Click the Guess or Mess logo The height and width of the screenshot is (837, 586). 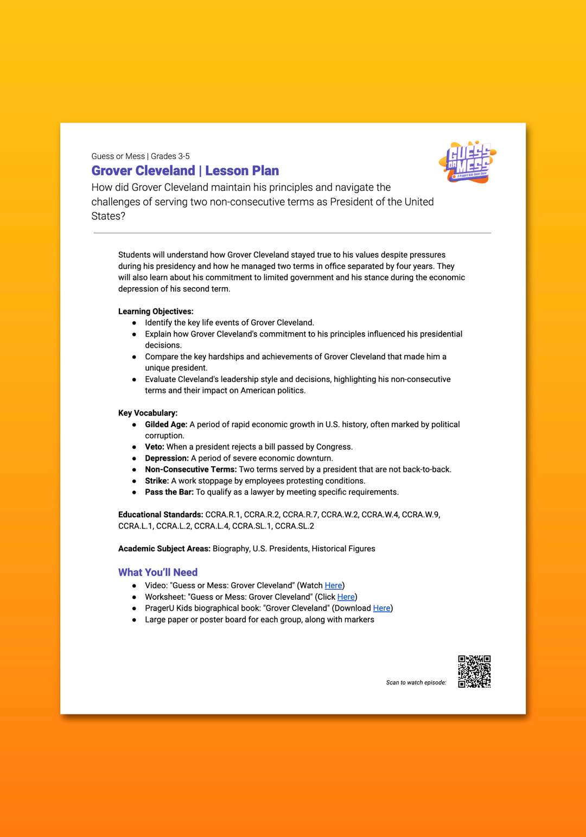[x=468, y=162]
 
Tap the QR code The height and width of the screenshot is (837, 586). [x=474, y=671]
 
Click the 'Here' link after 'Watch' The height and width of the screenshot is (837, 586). [x=333, y=586]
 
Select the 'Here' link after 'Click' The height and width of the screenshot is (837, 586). [x=346, y=597]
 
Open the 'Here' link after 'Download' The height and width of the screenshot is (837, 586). [x=381, y=608]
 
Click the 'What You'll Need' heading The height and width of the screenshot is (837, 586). [x=158, y=572]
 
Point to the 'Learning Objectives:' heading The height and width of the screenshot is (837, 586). [x=156, y=312]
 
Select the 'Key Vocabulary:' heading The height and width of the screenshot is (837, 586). [x=148, y=413]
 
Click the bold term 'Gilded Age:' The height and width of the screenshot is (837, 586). [x=166, y=424]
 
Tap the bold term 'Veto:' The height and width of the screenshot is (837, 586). [x=154, y=447]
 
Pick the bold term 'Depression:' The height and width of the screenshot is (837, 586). [x=167, y=458]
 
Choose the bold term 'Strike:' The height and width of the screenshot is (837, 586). [x=157, y=481]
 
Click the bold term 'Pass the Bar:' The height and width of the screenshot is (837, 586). [x=169, y=492]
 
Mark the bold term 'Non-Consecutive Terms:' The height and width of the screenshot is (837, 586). [x=190, y=470]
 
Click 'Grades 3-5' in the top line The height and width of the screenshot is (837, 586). [x=170, y=156]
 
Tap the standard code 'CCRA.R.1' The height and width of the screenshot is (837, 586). [x=222, y=515]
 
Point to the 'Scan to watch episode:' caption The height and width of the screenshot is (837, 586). [x=416, y=683]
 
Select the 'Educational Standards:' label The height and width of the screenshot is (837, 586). [x=161, y=515]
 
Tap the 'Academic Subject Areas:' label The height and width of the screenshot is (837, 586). [x=164, y=549]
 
